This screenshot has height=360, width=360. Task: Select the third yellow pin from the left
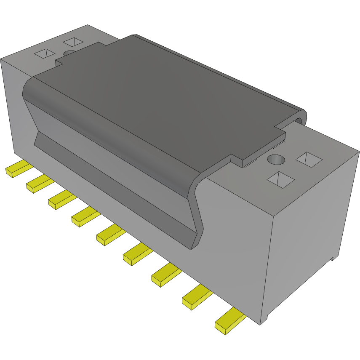[61, 200]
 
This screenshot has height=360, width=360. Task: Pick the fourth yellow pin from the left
[85, 217]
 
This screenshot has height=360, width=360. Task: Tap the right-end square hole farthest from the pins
[309, 159]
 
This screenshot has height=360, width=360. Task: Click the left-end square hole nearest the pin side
[44, 53]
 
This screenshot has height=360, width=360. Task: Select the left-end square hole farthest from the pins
[73, 42]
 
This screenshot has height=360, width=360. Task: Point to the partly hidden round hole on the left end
[70, 53]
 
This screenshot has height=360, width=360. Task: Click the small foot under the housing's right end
[335, 256]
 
